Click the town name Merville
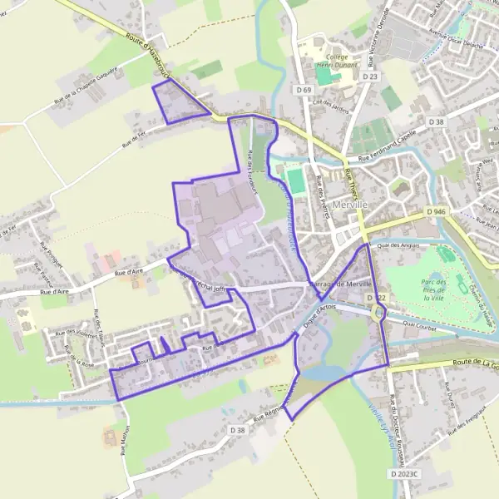pyautogui.click(x=348, y=204)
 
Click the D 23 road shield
pyautogui.click(x=370, y=77)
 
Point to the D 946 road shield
pyautogui.click(x=437, y=212)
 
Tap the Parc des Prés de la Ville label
pyautogui.click(x=435, y=288)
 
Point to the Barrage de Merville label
pyautogui.click(x=336, y=284)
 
